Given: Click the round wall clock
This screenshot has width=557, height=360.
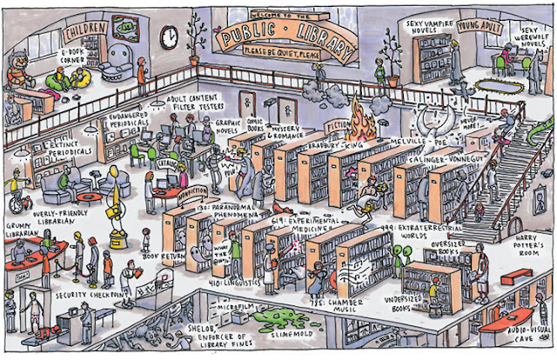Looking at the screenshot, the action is (169, 36).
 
